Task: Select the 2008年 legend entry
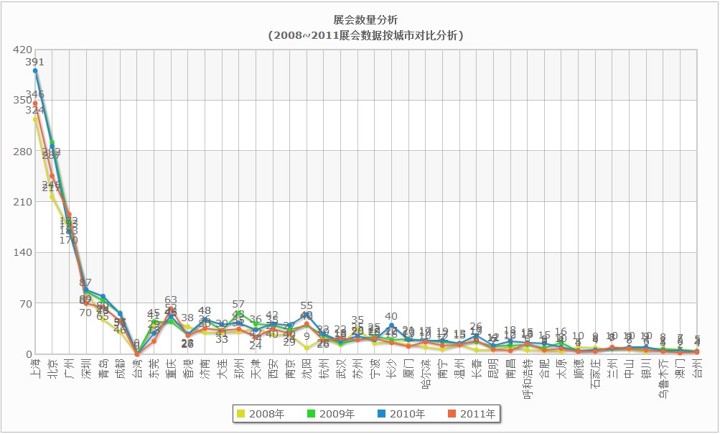pyautogui.click(x=261, y=414)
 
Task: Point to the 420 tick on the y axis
pyautogui.click(x=22, y=50)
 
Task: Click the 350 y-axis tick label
pyautogui.click(x=22, y=100)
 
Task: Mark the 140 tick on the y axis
pyautogui.click(x=22, y=252)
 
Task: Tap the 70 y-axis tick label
pyautogui.click(x=24, y=303)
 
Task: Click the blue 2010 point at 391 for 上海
pyautogui.click(x=35, y=70)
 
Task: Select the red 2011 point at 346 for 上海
pyautogui.click(x=35, y=103)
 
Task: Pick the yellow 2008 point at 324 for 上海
pyautogui.click(x=35, y=119)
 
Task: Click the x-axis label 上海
pyautogui.click(x=35, y=368)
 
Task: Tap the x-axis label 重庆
pyautogui.click(x=171, y=368)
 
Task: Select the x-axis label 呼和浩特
pyautogui.click(x=528, y=377)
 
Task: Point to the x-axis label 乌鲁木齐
pyautogui.click(x=663, y=377)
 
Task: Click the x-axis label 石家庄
pyautogui.click(x=595, y=372)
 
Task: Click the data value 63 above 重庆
pyautogui.click(x=171, y=300)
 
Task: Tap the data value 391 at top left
pyautogui.click(x=35, y=63)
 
